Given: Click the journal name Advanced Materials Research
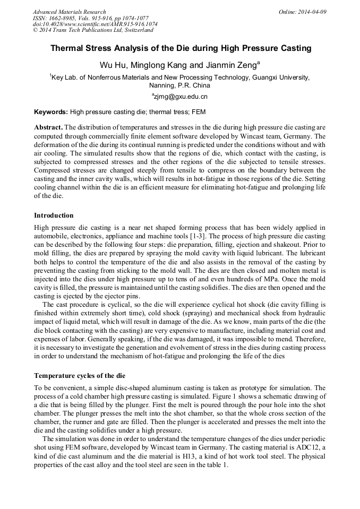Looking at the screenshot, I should [x=69, y=12].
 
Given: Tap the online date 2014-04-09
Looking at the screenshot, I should [x=312, y=12].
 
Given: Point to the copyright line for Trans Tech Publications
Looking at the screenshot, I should [x=92, y=30].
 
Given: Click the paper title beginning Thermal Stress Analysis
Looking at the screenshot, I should [x=180, y=48].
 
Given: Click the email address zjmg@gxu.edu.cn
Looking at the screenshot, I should [x=180, y=97].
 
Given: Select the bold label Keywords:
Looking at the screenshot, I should [x=51, y=112].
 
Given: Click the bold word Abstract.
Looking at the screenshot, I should [x=48, y=128].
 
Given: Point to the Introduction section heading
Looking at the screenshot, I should [x=54, y=215].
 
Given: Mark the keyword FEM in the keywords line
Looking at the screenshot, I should [x=198, y=112].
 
